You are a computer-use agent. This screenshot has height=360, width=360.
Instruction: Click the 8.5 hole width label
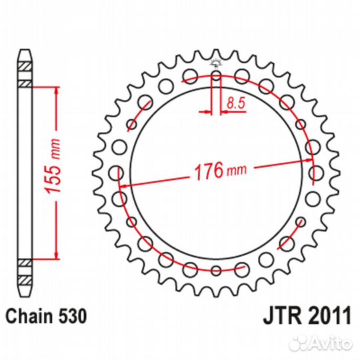click(x=234, y=103)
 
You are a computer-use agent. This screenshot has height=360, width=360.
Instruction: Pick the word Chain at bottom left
click(x=31, y=315)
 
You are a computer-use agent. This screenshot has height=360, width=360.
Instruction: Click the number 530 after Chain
click(x=72, y=315)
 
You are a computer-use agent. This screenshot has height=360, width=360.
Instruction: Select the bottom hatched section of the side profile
click(x=24, y=270)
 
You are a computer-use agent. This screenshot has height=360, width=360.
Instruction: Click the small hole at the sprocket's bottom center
click(x=215, y=270)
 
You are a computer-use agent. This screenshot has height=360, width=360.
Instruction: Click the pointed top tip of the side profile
click(x=24, y=50)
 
